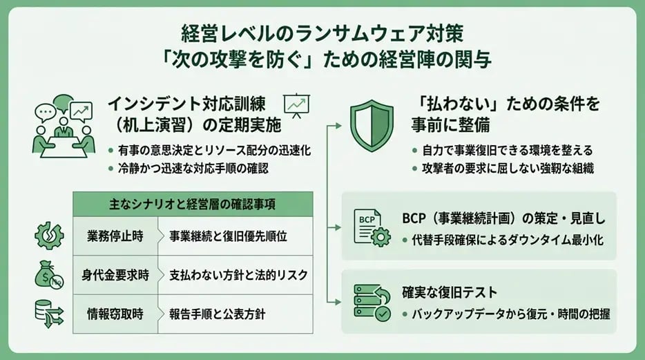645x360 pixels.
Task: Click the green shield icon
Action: click(x=372, y=125)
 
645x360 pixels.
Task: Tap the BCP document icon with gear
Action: click(x=372, y=228)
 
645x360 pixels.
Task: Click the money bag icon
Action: click(x=49, y=274)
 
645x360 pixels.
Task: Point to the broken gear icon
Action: click(x=49, y=236)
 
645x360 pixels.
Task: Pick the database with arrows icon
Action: click(x=49, y=314)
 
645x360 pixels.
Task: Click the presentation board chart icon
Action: click(x=296, y=105)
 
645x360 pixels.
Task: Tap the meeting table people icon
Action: click(x=64, y=126)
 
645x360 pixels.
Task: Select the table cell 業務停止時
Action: click(x=115, y=236)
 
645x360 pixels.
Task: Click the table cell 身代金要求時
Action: click(x=115, y=275)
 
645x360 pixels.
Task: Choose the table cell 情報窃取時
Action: click(x=115, y=314)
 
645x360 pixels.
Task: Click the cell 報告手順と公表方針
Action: click(x=235, y=314)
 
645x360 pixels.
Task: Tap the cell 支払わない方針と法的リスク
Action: click(x=235, y=275)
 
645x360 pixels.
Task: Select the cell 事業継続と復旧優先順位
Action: click(x=235, y=236)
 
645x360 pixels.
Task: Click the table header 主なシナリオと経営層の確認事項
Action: click(x=193, y=204)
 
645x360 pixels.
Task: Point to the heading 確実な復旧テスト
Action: click(x=450, y=292)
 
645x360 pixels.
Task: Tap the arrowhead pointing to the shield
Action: click(x=338, y=126)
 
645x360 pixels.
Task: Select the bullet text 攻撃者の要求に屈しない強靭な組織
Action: click(x=508, y=169)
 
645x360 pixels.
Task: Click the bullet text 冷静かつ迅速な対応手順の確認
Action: click(x=193, y=169)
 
